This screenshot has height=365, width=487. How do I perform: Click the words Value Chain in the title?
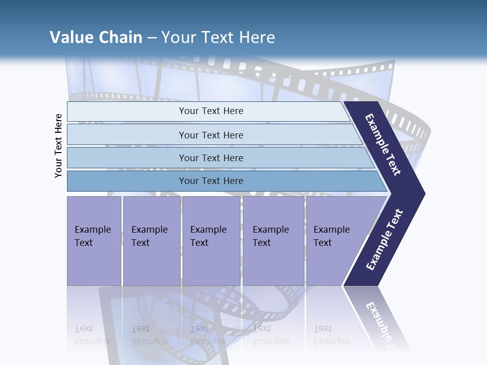click(96, 38)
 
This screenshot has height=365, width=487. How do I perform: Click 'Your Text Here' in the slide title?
click(218, 38)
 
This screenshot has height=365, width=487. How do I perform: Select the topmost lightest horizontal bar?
click(211, 111)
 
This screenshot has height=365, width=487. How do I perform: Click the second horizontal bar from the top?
click(211, 135)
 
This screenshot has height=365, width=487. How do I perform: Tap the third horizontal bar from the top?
click(211, 158)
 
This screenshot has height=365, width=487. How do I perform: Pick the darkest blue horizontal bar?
click(211, 181)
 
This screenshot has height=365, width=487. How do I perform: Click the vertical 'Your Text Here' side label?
click(58, 146)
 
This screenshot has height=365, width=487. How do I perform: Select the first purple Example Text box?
click(94, 240)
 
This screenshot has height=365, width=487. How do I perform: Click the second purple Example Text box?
click(151, 240)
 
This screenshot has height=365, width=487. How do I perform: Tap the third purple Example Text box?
click(211, 240)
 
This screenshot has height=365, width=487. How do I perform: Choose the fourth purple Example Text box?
click(273, 240)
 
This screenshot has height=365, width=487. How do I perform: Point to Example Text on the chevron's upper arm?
click(383, 144)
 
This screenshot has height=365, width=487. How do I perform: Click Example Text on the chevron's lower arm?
click(384, 240)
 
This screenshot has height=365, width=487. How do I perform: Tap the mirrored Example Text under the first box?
click(92, 335)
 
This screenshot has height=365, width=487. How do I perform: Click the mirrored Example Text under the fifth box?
click(331, 335)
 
